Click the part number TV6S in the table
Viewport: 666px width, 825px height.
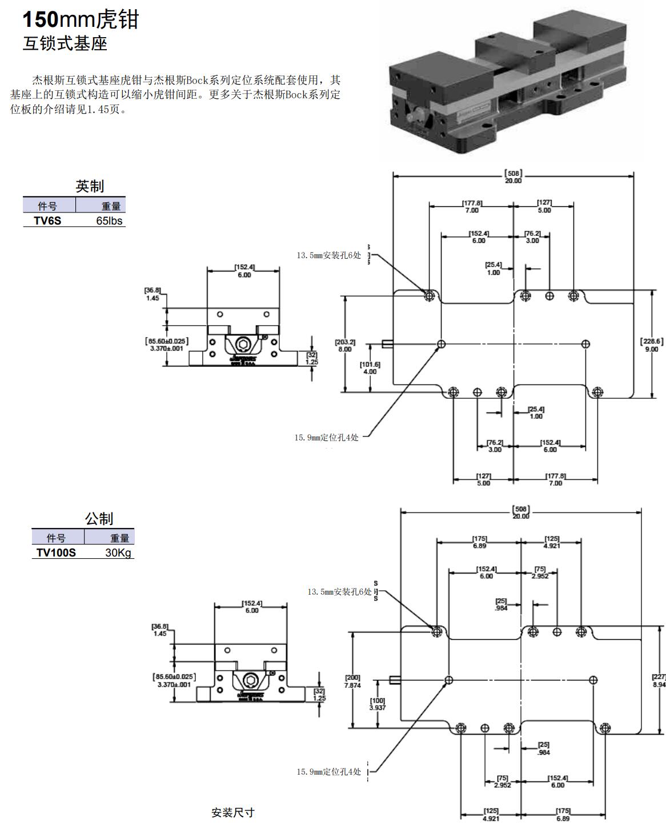click(x=47, y=221)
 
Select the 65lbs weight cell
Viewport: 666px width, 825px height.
click(x=109, y=221)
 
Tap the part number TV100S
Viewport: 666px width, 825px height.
click(x=56, y=553)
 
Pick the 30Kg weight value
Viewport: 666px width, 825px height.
click(x=118, y=553)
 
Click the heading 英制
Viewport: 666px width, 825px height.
click(x=90, y=186)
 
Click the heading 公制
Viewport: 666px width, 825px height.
click(x=99, y=519)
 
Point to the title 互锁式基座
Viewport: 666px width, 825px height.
click(x=65, y=44)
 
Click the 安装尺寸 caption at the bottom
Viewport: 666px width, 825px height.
click(x=232, y=812)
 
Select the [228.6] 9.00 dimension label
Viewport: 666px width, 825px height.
click(x=652, y=345)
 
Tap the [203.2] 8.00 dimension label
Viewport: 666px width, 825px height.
click(x=345, y=346)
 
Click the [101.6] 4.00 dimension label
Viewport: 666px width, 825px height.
click(x=370, y=368)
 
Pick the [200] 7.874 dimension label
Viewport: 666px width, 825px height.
click(x=352, y=681)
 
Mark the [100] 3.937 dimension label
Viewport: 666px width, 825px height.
click(x=378, y=704)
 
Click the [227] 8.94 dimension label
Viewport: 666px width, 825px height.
click(x=658, y=680)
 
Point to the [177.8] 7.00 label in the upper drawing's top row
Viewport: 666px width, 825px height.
click(x=472, y=206)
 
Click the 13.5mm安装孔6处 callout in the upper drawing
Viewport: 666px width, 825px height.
click(x=328, y=255)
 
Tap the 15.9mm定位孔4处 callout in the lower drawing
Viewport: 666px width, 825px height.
click(x=328, y=772)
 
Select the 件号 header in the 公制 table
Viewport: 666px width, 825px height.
click(x=56, y=538)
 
